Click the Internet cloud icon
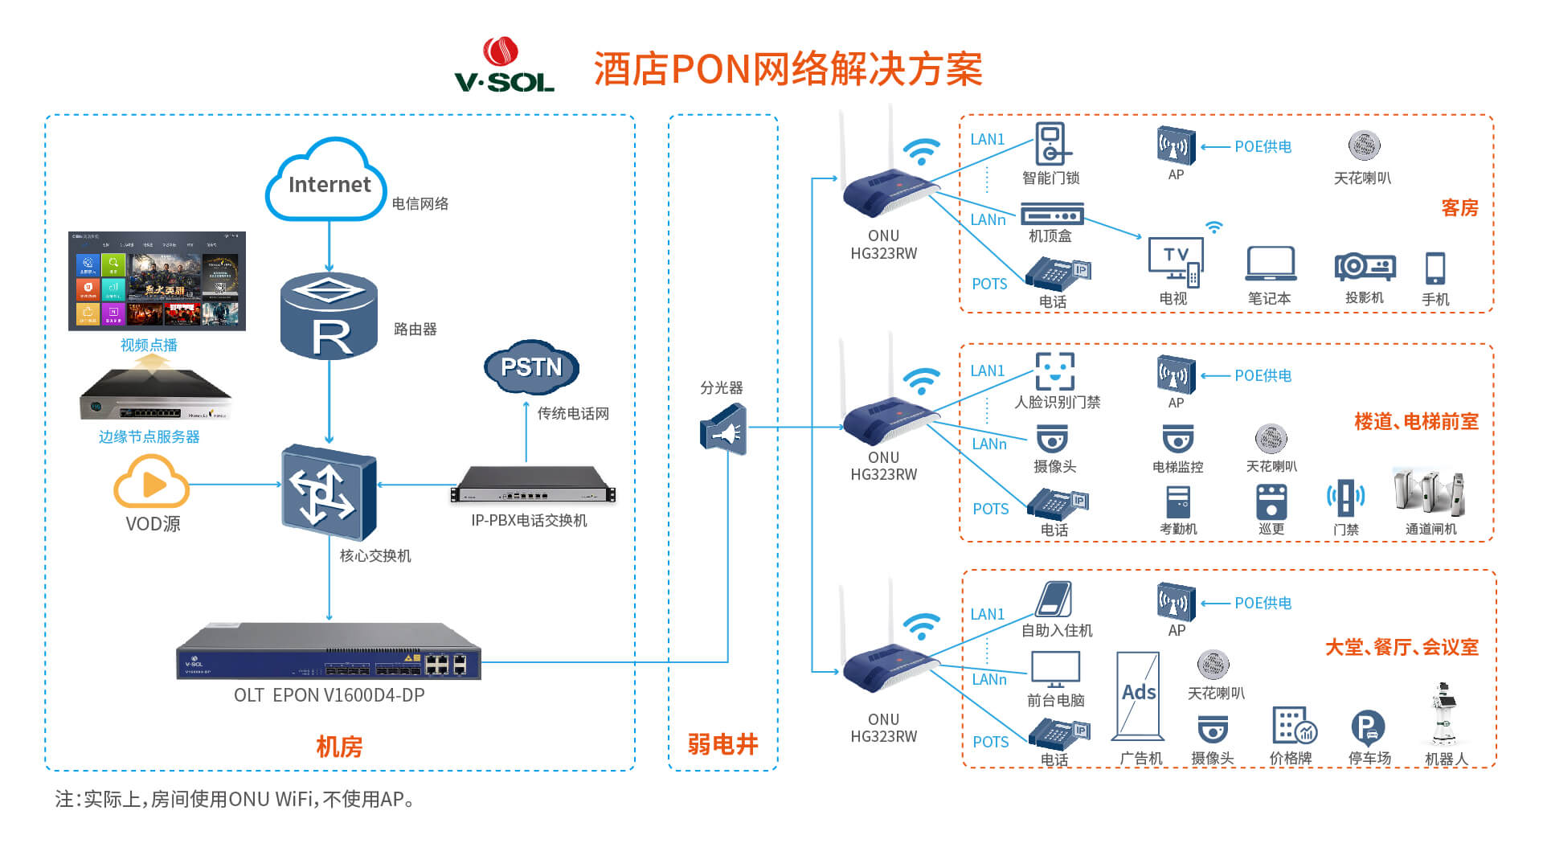pos(326,181)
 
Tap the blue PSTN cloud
pos(531,366)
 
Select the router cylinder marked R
pos(329,317)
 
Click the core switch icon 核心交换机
pos(328,492)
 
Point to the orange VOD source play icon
pos(152,482)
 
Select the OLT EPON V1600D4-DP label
pos(329,695)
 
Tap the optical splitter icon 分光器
pos(724,431)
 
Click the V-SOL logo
pos(504,66)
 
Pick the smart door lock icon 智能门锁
pos(1051,145)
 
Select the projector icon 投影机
pos(1365,267)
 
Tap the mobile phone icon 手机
pos(1435,268)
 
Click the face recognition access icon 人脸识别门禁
pos(1054,371)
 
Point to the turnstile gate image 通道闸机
pos(1430,492)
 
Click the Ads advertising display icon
pos(1139,695)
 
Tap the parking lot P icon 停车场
pos(1368,727)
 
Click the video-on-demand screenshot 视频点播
pos(157,281)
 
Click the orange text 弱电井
pos(722,744)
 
